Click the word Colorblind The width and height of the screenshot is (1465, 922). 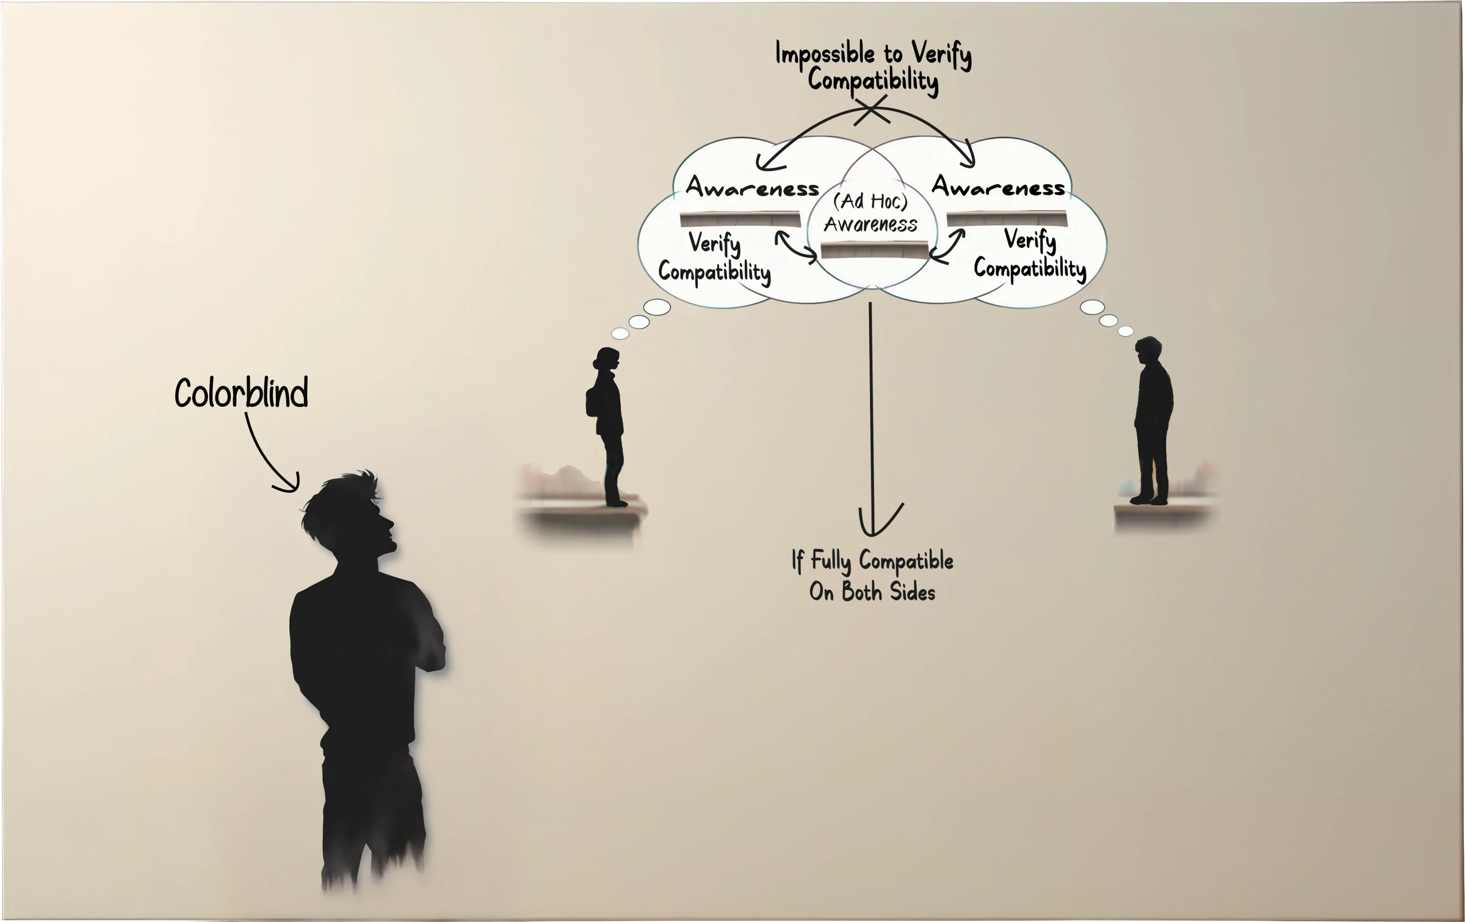click(241, 393)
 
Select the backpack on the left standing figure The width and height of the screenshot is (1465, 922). click(591, 402)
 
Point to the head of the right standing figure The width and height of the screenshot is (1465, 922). click(1149, 351)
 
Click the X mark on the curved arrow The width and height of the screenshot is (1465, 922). click(872, 112)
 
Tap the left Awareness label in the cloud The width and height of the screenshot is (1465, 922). click(752, 187)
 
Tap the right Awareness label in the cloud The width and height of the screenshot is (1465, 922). click(999, 186)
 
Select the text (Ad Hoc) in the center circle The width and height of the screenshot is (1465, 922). click(870, 201)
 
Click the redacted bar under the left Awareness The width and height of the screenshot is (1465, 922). click(740, 219)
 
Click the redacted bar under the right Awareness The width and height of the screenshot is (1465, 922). click(1007, 219)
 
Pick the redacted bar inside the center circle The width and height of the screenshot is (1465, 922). click(874, 250)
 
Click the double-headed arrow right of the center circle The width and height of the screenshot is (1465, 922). click(947, 246)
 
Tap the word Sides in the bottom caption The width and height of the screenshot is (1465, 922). click(913, 592)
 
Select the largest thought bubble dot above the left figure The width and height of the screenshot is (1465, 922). click(657, 307)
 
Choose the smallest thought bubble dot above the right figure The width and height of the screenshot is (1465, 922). click(1126, 331)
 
